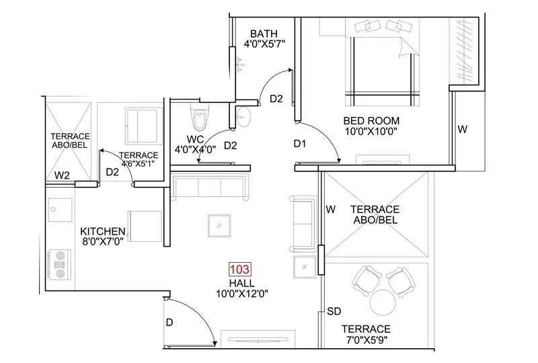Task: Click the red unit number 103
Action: point(240,270)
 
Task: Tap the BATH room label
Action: point(265,34)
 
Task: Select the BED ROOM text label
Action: point(371,121)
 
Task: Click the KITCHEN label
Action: point(103,231)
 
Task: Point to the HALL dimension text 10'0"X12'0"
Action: point(240,294)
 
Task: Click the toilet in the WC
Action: point(200,118)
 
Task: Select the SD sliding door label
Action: point(334,311)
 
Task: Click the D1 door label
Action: point(300,143)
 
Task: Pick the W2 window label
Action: point(63,175)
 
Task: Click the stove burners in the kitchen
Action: point(59,264)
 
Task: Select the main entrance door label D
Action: point(169,323)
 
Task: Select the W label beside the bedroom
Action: point(462,129)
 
